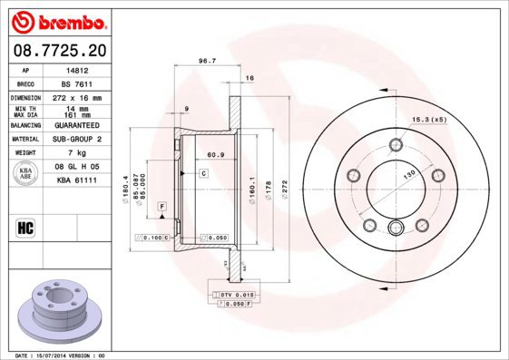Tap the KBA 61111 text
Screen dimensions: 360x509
tap(77, 180)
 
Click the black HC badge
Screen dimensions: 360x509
tap(25, 227)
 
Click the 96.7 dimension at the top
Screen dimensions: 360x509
tap(207, 62)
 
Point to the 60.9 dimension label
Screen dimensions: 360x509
tap(215, 155)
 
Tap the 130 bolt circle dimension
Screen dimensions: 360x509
tap(409, 173)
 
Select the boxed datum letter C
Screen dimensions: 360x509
tap(205, 172)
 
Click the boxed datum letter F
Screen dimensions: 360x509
tap(161, 208)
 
